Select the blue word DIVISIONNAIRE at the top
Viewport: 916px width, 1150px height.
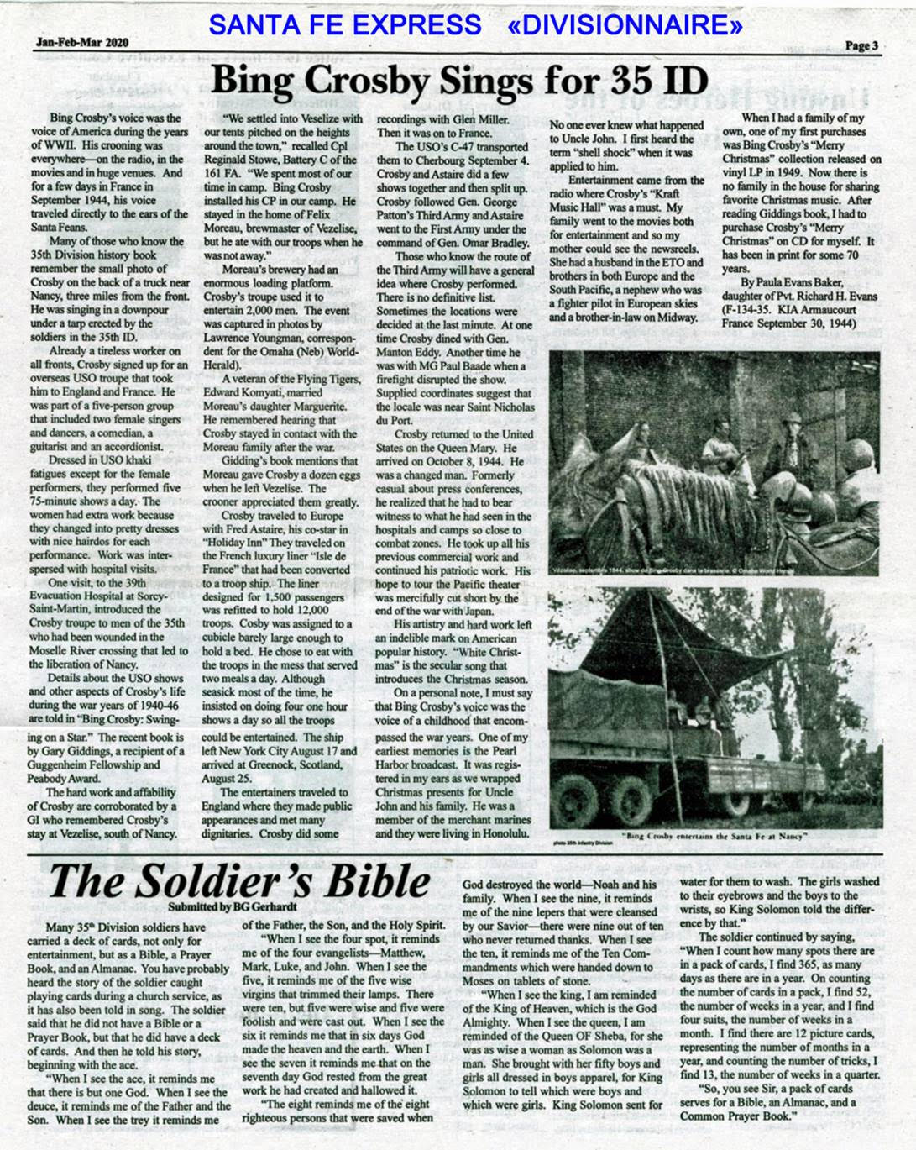click(x=625, y=25)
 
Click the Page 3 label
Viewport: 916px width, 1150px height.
click(x=861, y=46)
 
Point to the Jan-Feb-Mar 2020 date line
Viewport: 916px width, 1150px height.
click(x=82, y=42)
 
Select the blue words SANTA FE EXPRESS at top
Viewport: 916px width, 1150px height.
click(x=345, y=25)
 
